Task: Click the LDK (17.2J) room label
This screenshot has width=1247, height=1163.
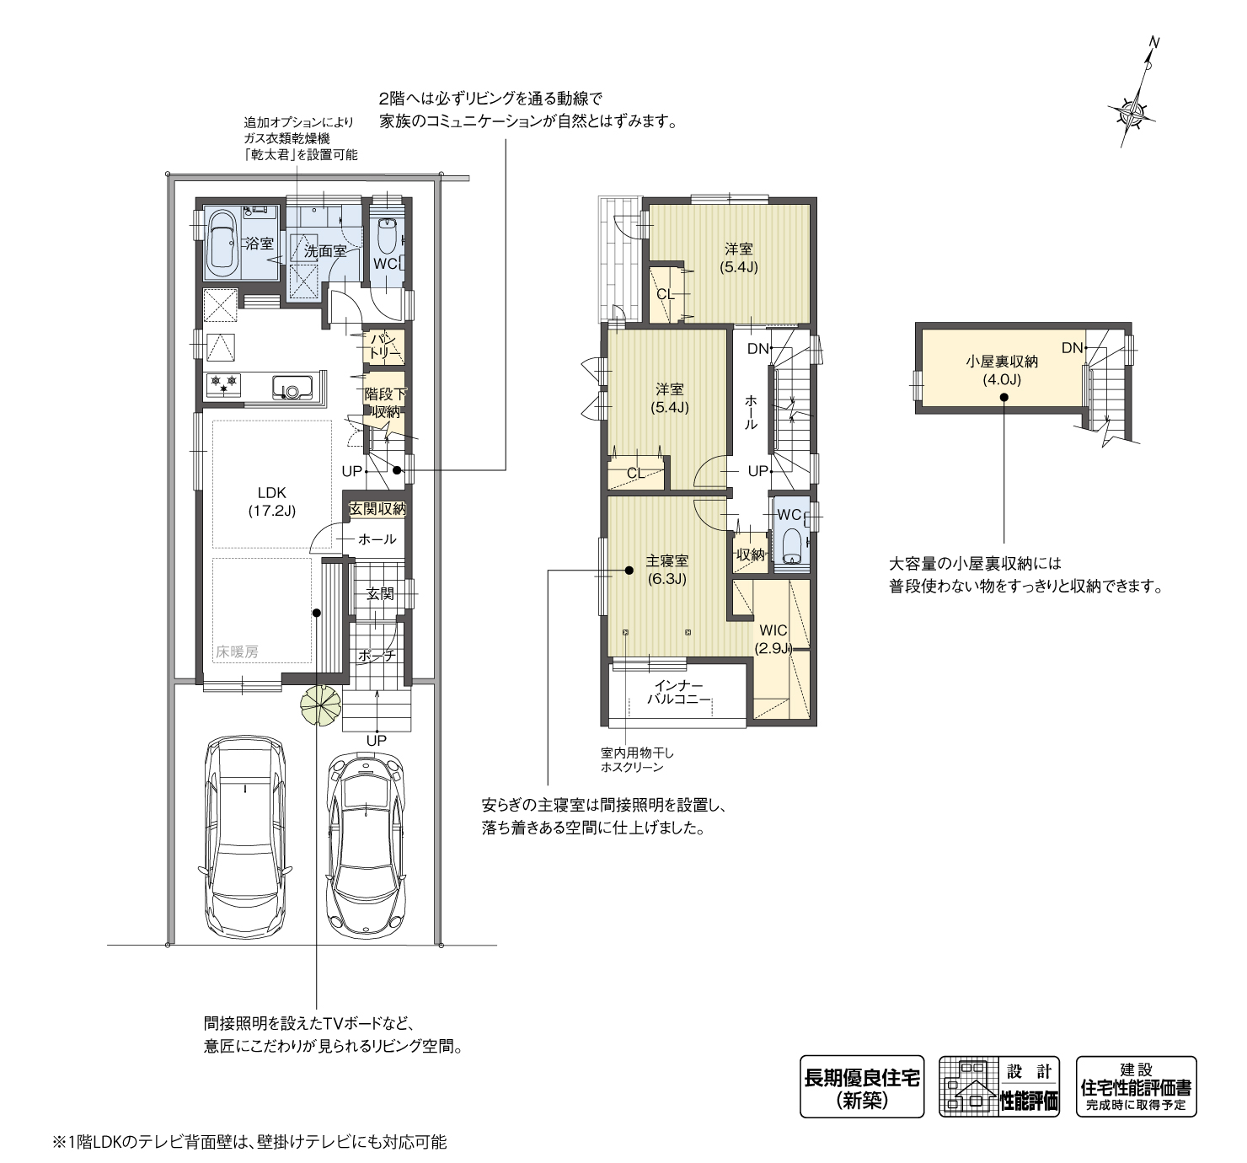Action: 272,501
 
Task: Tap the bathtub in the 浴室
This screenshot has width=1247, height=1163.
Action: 222,244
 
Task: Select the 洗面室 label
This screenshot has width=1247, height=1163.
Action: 325,251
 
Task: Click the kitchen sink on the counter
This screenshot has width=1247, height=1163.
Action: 292,387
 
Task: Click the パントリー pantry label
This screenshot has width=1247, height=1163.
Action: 384,346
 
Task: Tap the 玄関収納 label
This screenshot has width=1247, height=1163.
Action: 377,508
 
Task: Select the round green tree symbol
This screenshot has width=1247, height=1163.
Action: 321,705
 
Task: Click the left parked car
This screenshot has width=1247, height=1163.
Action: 245,838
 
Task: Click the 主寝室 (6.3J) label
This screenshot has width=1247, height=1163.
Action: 666,569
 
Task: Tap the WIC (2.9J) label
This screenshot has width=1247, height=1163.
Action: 773,639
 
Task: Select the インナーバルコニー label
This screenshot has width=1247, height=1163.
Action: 679,692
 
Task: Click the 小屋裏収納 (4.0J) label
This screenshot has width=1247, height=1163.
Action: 1002,370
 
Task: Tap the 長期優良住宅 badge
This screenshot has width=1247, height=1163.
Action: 862,1086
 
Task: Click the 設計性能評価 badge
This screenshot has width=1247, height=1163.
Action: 999,1086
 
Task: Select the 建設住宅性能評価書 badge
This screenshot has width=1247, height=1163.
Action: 1137,1086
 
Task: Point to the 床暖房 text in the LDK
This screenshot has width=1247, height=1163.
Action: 237,651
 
